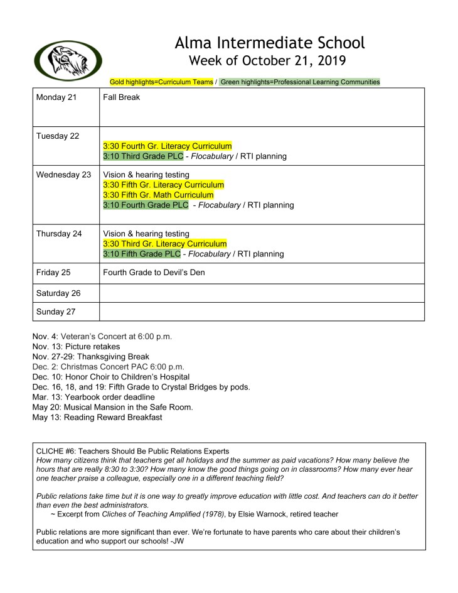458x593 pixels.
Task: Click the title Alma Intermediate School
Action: (x=270, y=43)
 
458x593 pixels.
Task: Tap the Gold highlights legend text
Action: (x=161, y=82)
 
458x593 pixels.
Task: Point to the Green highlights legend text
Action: (x=299, y=82)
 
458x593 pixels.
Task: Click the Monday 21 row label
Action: (x=56, y=97)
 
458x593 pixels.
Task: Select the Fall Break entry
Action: (x=122, y=97)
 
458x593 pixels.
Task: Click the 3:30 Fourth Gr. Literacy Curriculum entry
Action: (x=168, y=146)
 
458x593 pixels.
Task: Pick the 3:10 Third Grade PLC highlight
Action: (x=143, y=156)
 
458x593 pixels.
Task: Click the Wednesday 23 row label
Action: (x=63, y=175)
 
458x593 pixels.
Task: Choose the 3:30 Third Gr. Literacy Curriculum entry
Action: (x=165, y=244)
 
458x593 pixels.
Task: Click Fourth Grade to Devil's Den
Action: (x=154, y=273)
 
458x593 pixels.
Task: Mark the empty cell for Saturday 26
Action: (x=262, y=293)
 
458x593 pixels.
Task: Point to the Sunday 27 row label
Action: (x=59, y=312)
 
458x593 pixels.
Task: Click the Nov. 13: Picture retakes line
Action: (x=76, y=346)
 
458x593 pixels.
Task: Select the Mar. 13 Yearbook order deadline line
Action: (x=93, y=397)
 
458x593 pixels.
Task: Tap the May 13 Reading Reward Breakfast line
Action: (x=97, y=417)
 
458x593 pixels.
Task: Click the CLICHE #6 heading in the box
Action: (x=132, y=451)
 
